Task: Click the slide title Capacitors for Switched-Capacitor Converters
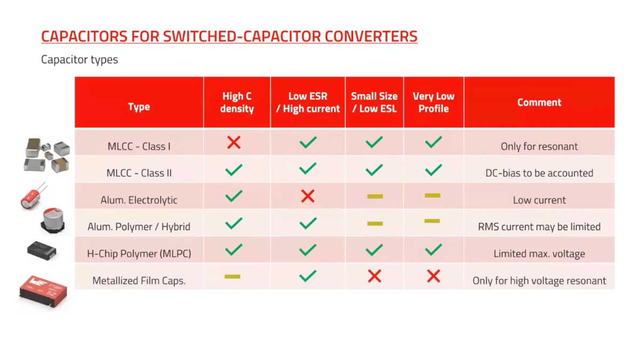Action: click(x=229, y=37)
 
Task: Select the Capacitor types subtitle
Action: click(x=79, y=60)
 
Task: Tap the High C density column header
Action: click(x=237, y=102)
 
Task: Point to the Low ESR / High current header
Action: click(x=308, y=102)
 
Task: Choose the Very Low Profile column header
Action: click(x=433, y=102)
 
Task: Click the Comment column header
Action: click(x=539, y=102)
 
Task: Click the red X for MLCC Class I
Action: click(x=234, y=142)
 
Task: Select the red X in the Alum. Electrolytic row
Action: click(x=308, y=196)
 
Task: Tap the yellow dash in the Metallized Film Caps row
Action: click(x=233, y=276)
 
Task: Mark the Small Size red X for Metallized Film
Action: click(x=374, y=276)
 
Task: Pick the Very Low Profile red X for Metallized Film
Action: click(x=433, y=276)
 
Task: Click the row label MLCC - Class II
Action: click(x=139, y=173)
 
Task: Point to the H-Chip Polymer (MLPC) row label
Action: click(x=139, y=253)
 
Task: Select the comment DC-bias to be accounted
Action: click(x=539, y=173)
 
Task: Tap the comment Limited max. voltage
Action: click(x=539, y=253)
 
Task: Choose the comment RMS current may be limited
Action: click(x=539, y=227)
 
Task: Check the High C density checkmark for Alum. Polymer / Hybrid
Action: click(x=234, y=223)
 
